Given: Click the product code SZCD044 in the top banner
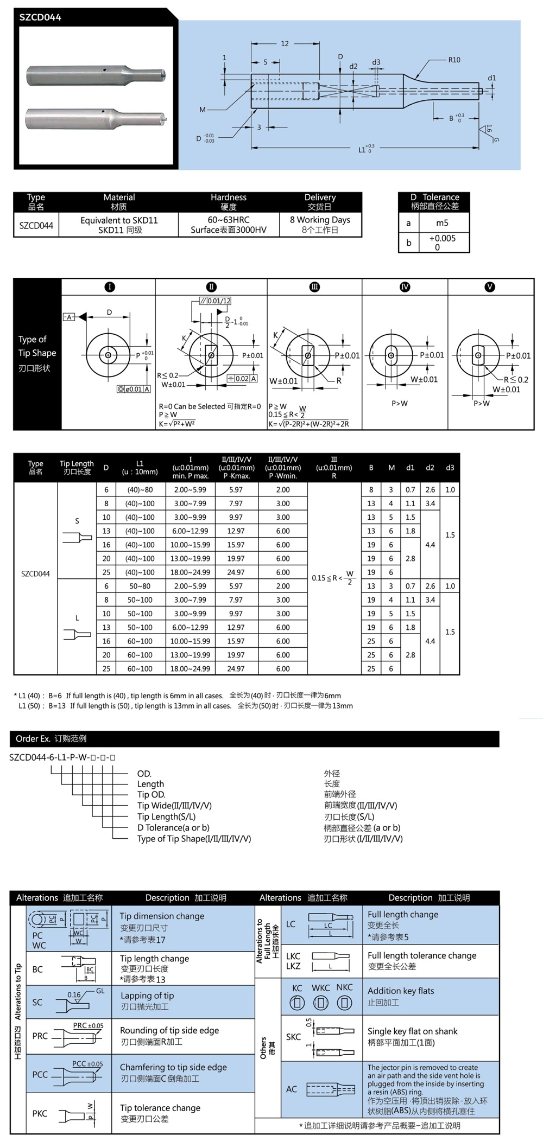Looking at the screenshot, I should (x=40, y=17).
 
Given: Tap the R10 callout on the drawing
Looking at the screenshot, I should (x=454, y=60).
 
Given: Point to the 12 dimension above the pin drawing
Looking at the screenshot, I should (x=285, y=44).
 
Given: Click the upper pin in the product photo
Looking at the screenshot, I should (x=96, y=74).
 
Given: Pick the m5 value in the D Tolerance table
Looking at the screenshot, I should (x=442, y=223).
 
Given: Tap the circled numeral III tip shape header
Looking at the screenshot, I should (x=314, y=287).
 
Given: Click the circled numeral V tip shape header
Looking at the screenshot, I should (x=490, y=287).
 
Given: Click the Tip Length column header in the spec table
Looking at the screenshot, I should (x=77, y=467).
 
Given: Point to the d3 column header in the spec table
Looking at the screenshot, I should (x=450, y=468).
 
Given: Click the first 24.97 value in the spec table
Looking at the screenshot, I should (x=236, y=572).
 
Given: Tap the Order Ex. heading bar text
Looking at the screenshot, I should (x=51, y=738).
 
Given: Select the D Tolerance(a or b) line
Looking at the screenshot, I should (x=173, y=827).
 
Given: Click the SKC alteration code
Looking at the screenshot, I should (x=293, y=1037).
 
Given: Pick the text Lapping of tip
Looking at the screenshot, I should (x=147, y=996).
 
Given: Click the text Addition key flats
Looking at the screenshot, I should (x=401, y=991).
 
